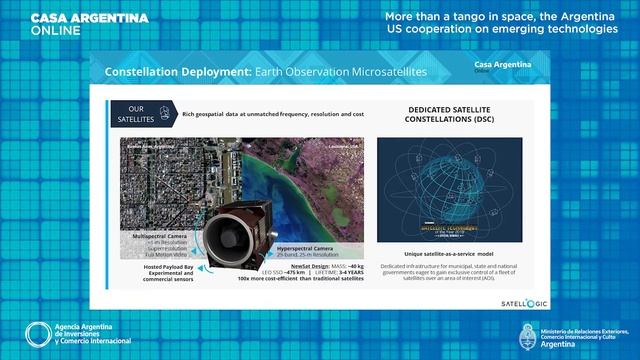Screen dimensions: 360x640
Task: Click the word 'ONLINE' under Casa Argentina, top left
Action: (x=51, y=30)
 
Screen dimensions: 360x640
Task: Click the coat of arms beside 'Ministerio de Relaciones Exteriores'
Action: (x=528, y=334)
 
